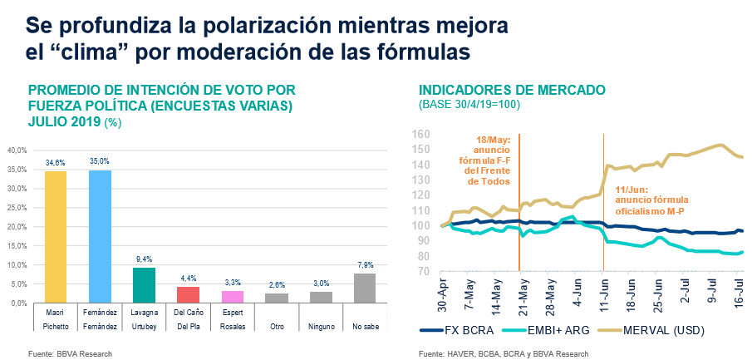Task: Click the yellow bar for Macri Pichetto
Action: (55, 237)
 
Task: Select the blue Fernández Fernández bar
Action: (100, 236)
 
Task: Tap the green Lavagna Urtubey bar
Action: (144, 285)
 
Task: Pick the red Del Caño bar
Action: (189, 294)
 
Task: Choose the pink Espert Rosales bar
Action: (233, 297)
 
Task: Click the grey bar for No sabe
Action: (365, 288)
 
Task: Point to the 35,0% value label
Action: (100, 161)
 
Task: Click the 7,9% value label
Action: (365, 265)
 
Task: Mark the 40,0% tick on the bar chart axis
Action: (17, 150)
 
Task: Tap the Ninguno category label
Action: (321, 328)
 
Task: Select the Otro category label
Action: (277, 328)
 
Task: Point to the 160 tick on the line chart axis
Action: (420, 135)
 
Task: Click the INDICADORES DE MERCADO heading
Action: (513, 90)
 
